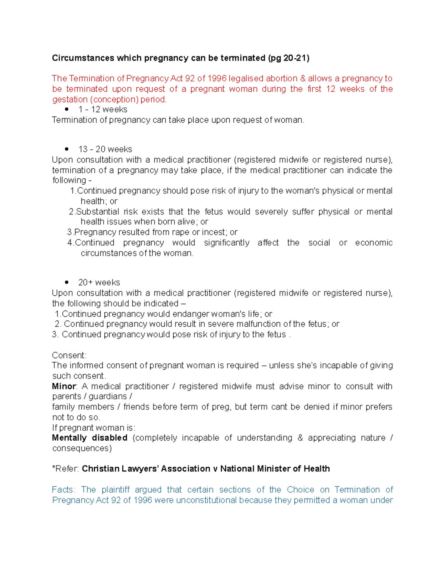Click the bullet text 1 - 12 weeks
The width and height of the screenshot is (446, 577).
(x=103, y=109)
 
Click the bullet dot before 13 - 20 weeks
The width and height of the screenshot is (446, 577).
(x=67, y=149)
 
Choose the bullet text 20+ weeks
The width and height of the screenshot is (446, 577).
(x=99, y=282)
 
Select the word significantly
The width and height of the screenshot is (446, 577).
(x=226, y=243)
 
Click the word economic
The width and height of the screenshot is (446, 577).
(x=374, y=243)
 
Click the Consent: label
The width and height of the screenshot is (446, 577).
(x=69, y=355)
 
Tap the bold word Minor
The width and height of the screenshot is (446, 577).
(x=64, y=386)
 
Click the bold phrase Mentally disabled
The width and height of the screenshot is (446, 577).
(x=90, y=438)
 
